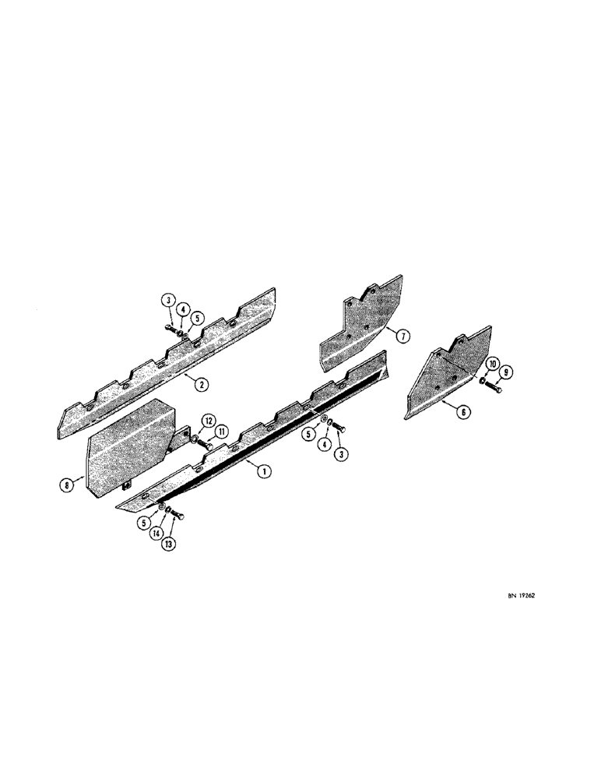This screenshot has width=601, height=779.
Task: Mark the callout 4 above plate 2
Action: (181, 310)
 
